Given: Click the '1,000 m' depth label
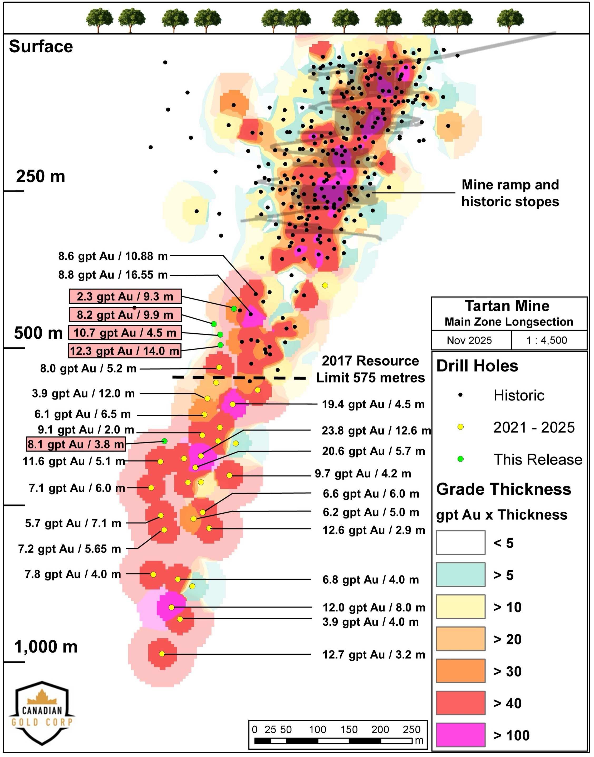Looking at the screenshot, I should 46,647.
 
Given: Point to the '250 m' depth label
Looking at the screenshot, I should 40,177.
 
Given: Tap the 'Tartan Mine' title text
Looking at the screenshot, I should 507,306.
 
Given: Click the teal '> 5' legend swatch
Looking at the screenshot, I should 460,575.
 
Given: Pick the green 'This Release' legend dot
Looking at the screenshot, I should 460,459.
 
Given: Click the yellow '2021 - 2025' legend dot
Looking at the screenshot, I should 460,427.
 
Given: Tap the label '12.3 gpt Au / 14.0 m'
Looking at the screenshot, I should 125,351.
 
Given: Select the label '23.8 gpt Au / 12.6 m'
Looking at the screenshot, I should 376,431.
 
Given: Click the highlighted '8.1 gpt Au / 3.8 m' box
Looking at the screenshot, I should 76,444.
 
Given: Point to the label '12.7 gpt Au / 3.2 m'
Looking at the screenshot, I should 374,655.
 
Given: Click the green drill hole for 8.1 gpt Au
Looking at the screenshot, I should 164,441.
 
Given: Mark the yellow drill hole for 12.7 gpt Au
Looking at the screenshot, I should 162,654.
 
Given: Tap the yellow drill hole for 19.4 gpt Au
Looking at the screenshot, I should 233,404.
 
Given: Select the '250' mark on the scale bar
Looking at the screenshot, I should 411,730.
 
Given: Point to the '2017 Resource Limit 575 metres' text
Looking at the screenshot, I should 370,369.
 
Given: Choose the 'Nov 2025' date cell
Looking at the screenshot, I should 469,340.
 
